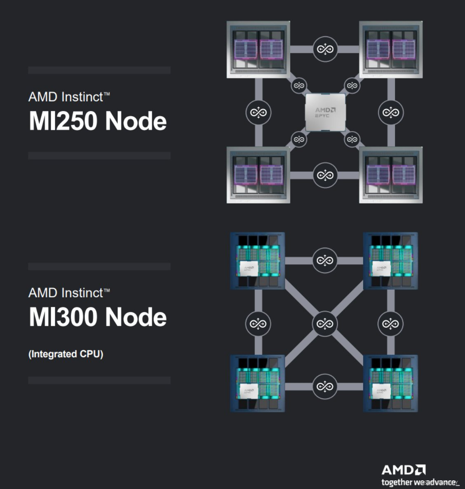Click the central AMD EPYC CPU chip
pos(325,112)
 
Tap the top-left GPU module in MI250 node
pos(258,49)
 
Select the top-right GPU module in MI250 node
pos(391,49)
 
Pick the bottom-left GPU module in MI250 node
pos(258,175)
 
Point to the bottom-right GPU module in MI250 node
pos(391,175)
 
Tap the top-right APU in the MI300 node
pos(390,260)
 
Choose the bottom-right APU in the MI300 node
pos(390,383)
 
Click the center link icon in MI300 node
pos(325,323)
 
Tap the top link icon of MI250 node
pos(325,49)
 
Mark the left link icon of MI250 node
pos(258,112)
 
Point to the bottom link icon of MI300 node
pos(325,386)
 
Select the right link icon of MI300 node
pos(390,323)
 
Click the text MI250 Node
pos(98,121)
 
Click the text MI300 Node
pos(98,317)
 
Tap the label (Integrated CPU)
pos(66,354)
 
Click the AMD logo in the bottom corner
pos(403,470)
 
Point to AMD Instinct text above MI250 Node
pos(69,97)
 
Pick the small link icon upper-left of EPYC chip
pos(299,86)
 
